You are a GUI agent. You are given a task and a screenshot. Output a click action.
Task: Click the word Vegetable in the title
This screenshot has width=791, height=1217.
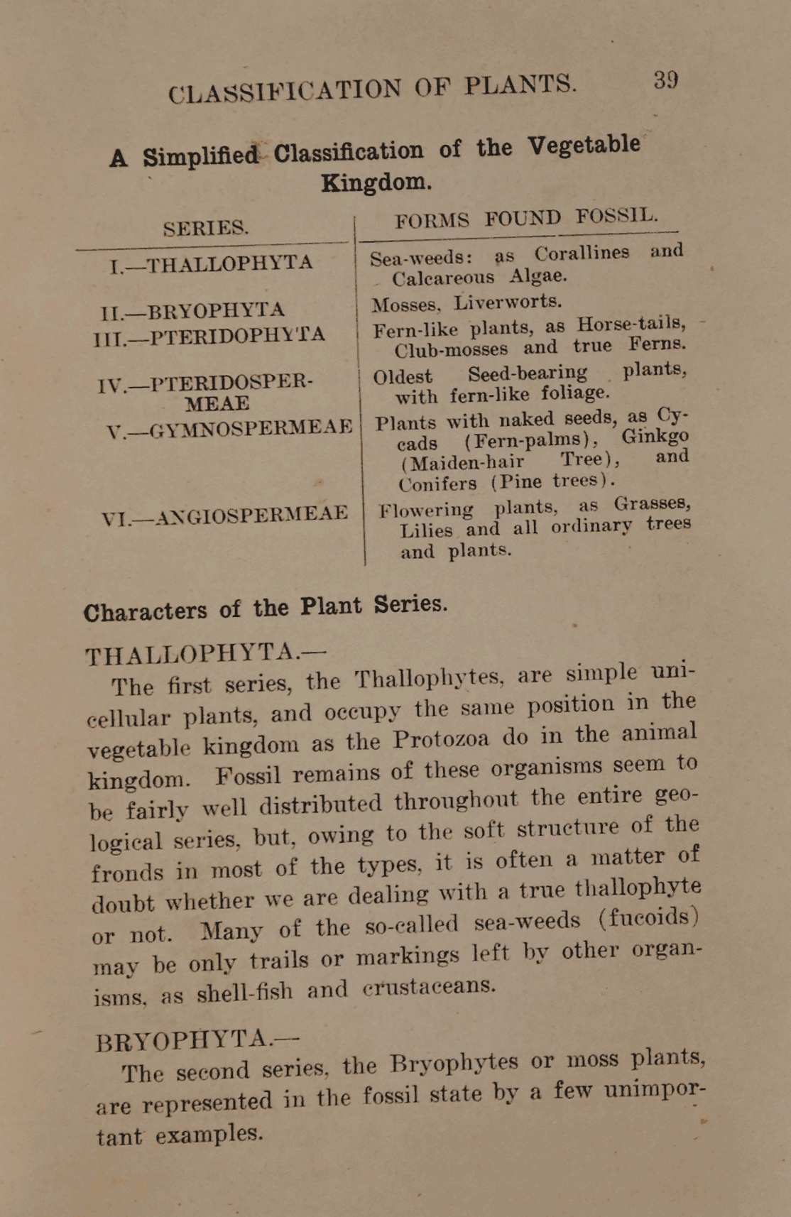[584, 146]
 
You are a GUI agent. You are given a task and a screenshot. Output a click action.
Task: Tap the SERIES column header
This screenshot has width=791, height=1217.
[206, 228]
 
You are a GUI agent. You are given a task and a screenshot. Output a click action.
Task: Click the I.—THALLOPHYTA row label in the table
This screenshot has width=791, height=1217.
[212, 264]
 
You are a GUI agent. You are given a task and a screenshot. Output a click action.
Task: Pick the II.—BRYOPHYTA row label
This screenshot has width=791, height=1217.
[193, 310]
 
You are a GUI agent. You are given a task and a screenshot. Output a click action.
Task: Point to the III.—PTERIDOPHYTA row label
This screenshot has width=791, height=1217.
[209, 334]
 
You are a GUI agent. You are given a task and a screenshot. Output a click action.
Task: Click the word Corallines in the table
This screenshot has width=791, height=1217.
[582, 253]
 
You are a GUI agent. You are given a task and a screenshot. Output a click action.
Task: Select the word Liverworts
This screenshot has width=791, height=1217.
[508, 302]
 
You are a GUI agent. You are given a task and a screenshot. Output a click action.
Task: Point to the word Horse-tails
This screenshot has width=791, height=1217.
[631, 324]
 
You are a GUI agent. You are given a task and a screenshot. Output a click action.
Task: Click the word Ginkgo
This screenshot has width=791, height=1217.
[655, 435]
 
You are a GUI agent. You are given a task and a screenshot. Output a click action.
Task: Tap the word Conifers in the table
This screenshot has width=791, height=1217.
[437, 484]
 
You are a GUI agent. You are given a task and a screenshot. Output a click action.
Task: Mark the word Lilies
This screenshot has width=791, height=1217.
[426, 530]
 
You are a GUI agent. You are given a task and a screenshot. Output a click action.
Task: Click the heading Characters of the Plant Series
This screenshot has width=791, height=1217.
[266, 608]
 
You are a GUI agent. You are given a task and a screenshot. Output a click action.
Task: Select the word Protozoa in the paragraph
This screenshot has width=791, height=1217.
[441, 739]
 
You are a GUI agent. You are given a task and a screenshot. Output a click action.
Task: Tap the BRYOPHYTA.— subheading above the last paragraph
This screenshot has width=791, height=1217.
[197, 1040]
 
